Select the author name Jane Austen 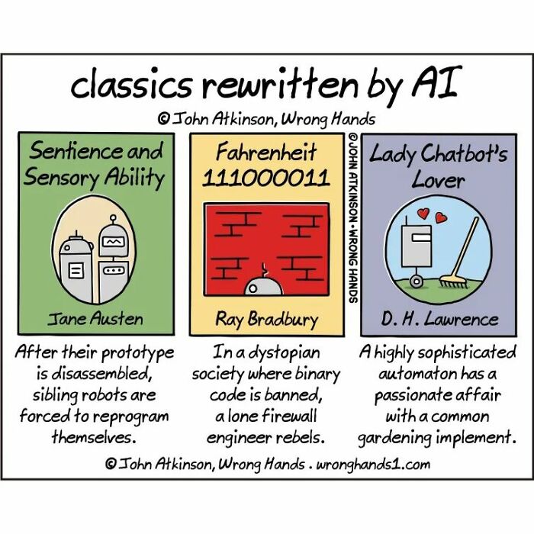tap(95, 317)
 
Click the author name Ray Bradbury tap(266, 318)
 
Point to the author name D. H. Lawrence tap(439, 318)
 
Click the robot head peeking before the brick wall tap(262, 285)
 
